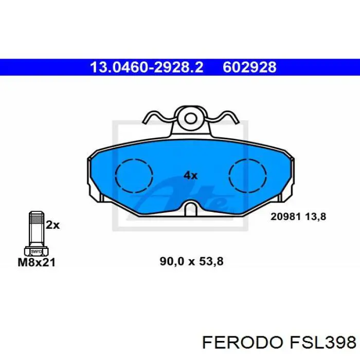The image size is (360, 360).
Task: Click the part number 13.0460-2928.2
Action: tap(147, 67)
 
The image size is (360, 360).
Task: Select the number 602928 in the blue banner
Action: tap(249, 67)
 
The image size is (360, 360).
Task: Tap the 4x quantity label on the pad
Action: tap(190, 175)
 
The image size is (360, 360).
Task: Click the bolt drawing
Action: tap(36, 234)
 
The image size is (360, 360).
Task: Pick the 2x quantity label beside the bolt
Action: tap(53, 225)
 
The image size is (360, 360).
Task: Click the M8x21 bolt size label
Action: tap(37, 262)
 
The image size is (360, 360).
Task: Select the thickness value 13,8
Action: tap(316, 217)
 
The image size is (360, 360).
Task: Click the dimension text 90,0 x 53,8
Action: tap(192, 262)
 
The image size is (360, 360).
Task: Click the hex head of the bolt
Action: tap(36, 250)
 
